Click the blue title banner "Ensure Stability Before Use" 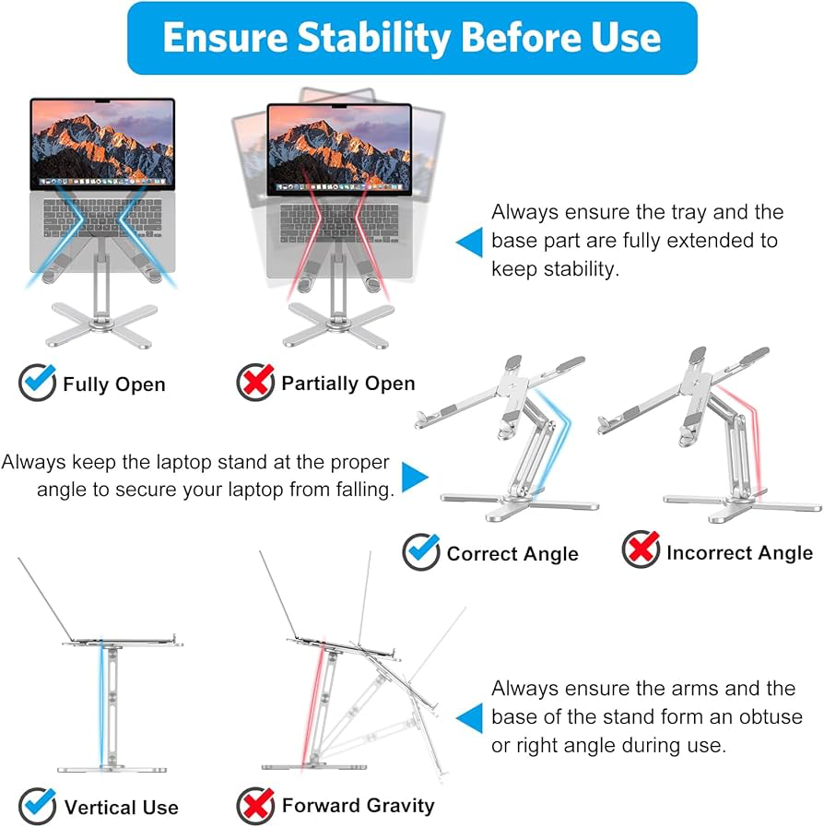pyautogui.click(x=412, y=38)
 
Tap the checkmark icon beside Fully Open pyautogui.click(x=38, y=382)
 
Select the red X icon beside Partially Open pyautogui.click(x=255, y=382)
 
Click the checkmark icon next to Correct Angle pyautogui.click(x=421, y=552)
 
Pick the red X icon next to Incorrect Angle pyautogui.click(x=641, y=551)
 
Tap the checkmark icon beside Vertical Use pyautogui.click(x=38, y=806)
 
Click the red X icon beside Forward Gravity pyautogui.click(x=255, y=805)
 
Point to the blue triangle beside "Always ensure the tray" pyautogui.click(x=469, y=242)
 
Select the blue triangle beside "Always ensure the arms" pyautogui.click(x=469, y=717)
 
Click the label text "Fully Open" pyautogui.click(x=113, y=384)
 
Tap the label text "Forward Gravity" pyautogui.click(x=358, y=805)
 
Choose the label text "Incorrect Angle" pyautogui.click(x=739, y=552)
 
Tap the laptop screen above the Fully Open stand pyautogui.click(x=101, y=143)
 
